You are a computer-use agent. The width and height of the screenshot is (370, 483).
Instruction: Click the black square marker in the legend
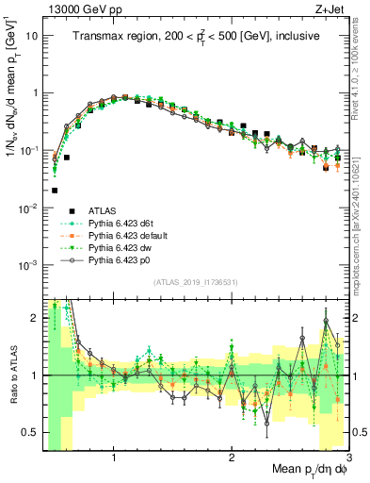[72, 210]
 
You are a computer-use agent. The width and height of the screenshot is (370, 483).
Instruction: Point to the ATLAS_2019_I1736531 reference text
[196, 283]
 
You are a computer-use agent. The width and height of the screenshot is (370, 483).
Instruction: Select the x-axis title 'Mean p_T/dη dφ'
[299, 468]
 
